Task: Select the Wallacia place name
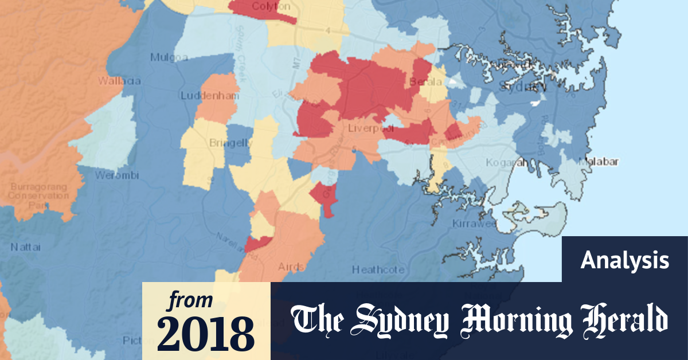pos(120,81)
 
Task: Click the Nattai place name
pos(22,248)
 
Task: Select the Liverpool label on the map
pos(365,129)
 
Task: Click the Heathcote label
pos(378,269)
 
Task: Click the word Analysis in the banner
pos(624,261)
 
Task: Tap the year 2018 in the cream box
pos(206,332)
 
